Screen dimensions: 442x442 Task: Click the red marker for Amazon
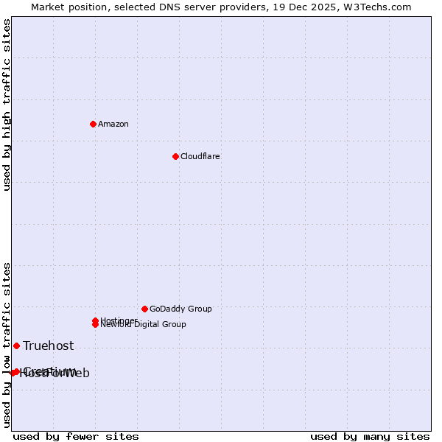pyautogui.click(x=93, y=124)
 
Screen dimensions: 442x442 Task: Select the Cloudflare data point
pyautogui.click(x=175, y=156)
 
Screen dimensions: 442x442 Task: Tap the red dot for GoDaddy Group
pyautogui.click(x=144, y=309)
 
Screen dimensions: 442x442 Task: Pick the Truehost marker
pyautogui.click(x=16, y=345)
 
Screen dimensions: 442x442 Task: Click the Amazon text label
pyautogui.click(x=113, y=124)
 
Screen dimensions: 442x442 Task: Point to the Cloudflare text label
pyautogui.click(x=200, y=156)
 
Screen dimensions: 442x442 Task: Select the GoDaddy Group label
pyautogui.click(x=180, y=309)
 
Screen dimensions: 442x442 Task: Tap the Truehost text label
pyautogui.click(x=48, y=345)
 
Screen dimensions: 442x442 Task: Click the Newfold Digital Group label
pyautogui.click(x=143, y=324)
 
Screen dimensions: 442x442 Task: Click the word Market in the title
pyautogui.click(x=49, y=7)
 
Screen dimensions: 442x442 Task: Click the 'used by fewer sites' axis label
pyautogui.click(x=76, y=436)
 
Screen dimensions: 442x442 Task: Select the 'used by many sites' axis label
pyautogui.click(x=370, y=436)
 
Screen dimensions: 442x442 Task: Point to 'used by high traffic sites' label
pyautogui.click(x=7, y=105)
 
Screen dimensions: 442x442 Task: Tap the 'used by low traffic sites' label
pyautogui.click(x=7, y=345)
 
